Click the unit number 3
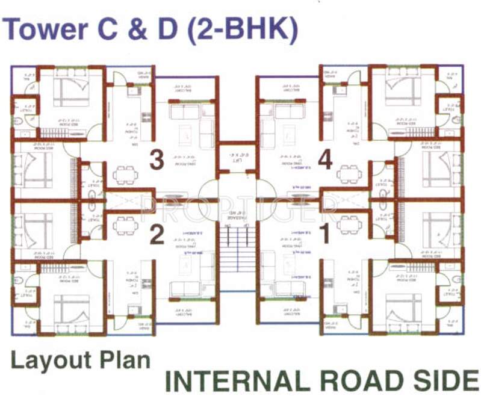[x=157, y=160]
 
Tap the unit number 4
[x=325, y=160]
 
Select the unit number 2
[x=157, y=235]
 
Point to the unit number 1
[x=325, y=235]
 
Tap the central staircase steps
[x=237, y=247]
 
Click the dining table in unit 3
[x=125, y=175]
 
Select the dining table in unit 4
[x=349, y=175]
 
